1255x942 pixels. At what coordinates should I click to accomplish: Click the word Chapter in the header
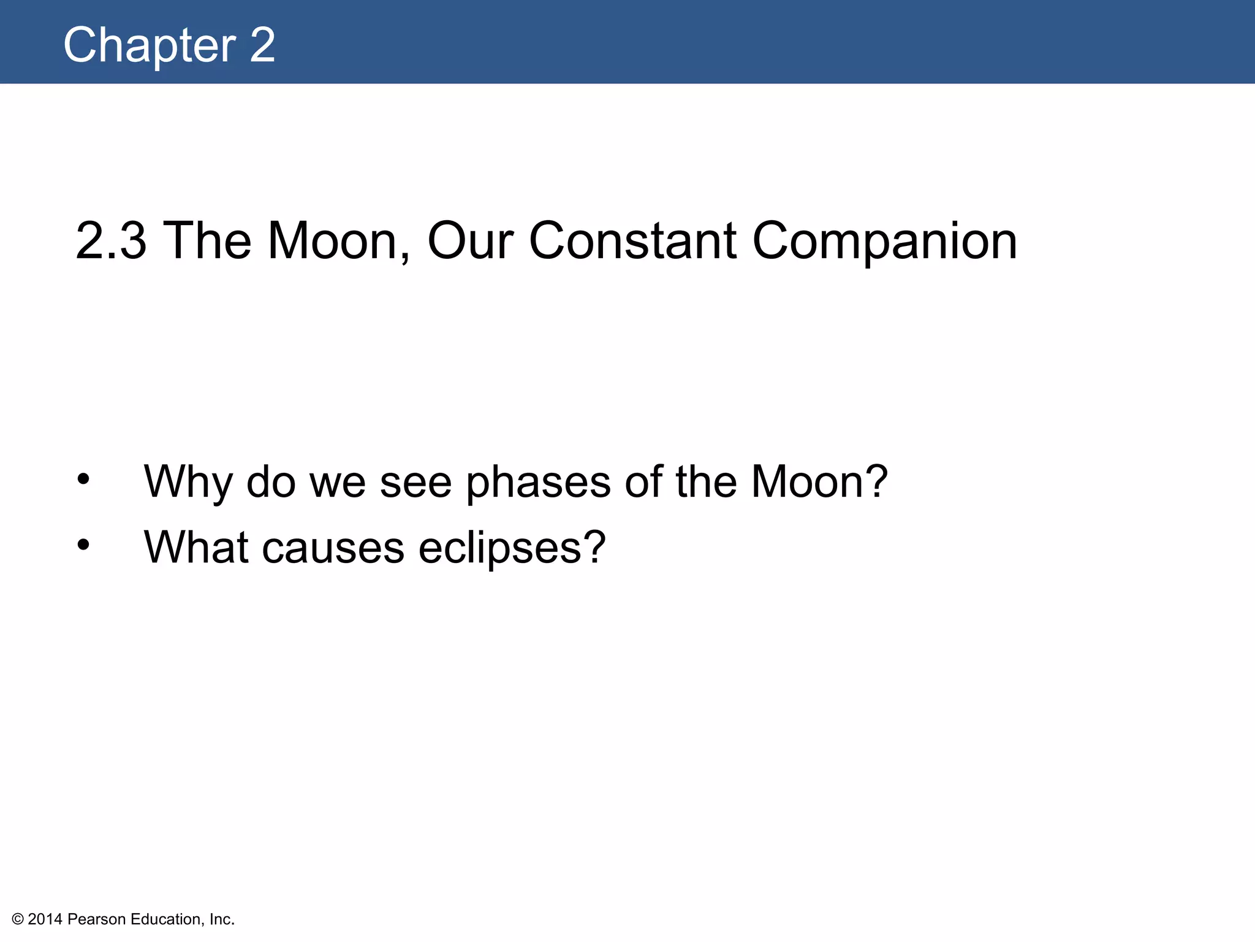pyautogui.click(x=150, y=45)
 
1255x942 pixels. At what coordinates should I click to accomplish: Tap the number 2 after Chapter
pyautogui.click(x=262, y=45)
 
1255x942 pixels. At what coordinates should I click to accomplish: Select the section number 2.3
pyautogui.click(x=111, y=240)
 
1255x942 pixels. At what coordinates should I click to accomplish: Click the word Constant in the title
pyautogui.click(x=632, y=240)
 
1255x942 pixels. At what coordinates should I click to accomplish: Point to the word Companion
pyautogui.click(x=884, y=242)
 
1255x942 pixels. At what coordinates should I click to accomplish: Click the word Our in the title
pyautogui.click(x=470, y=240)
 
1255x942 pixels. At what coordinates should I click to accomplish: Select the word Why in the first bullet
pyautogui.click(x=188, y=482)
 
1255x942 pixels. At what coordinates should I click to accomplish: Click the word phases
pyautogui.click(x=538, y=482)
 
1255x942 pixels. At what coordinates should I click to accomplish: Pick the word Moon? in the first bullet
pyautogui.click(x=819, y=481)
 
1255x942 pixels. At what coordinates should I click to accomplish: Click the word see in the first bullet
pyautogui.click(x=417, y=482)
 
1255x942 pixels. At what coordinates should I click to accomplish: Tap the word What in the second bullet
pyautogui.click(x=195, y=546)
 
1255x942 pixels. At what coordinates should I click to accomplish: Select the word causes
pyautogui.click(x=333, y=548)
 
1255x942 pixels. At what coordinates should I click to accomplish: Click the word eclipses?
pyautogui.click(x=512, y=548)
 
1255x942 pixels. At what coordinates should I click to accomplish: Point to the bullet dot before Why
pyautogui.click(x=84, y=479)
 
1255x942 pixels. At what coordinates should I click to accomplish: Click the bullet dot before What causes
pyautogui.click(x=84, y=544)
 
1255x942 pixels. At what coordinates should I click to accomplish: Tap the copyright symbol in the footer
pyautogui.click(x=18, y=919)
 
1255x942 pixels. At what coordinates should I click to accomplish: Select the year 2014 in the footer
pyautogui.click(x=45, y=919)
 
